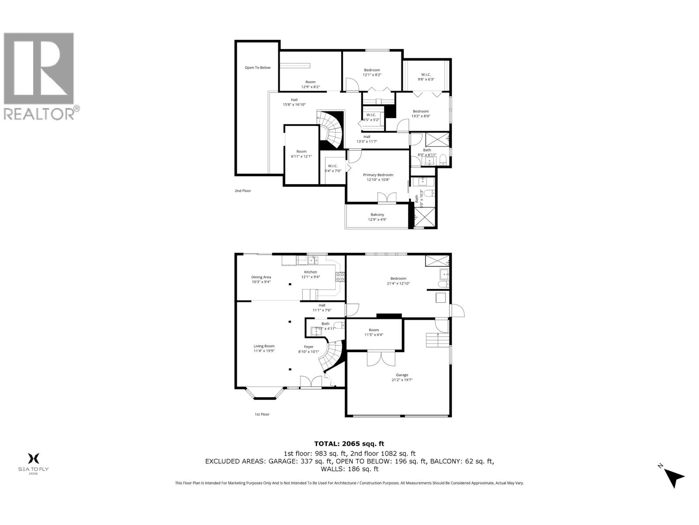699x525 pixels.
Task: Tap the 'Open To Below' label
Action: (x=257, y=67)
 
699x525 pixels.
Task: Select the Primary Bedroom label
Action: (x=378, y=177)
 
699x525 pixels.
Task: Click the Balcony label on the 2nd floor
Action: (x=377, y=217)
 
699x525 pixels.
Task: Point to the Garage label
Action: (x=402, y=377)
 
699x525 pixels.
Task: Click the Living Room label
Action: (x=264, y=348)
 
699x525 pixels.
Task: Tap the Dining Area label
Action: (x=261, y=279)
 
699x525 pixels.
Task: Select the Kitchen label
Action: (x=311, y=274)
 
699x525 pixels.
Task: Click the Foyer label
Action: (x=309, y=349)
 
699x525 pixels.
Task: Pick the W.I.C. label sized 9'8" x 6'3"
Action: (x=426, y=77)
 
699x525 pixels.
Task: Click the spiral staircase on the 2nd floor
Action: (x=332, y=130)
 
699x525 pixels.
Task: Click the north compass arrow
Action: (x=675, y=477)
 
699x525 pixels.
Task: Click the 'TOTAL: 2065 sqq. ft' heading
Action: (x=349, y=444)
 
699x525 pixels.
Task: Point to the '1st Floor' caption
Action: (x=262, y=414)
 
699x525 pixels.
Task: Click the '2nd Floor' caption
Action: (x=243, y=191)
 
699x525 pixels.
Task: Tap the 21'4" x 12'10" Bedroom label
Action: (x=398, y=281)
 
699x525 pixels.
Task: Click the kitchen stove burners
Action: (x=340, y=276)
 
